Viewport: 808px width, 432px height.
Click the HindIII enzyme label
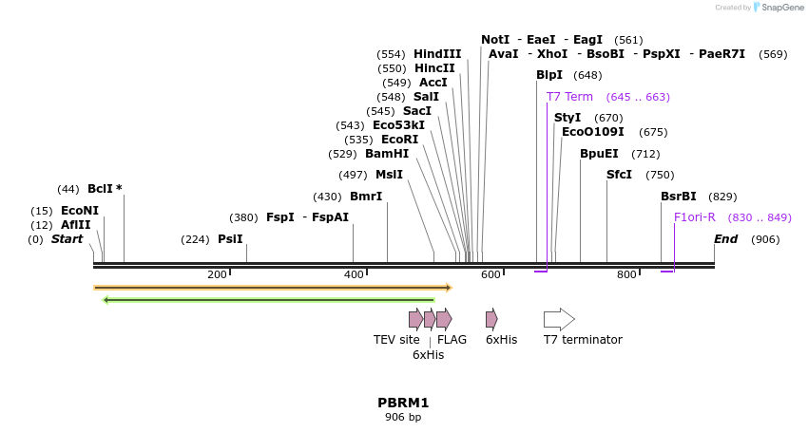[x=437, y=54]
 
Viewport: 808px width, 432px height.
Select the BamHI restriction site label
[x=387, y=154]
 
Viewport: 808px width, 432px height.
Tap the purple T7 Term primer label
[x=569, y=97]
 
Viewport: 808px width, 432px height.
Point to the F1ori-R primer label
[x=695, y=217]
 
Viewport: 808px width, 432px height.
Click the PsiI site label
[x=230, y=239]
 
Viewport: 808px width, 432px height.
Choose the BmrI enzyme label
[x=366, y=197]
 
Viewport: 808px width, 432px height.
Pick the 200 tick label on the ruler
[x=217, y=275]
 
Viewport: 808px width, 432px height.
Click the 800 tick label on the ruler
[x=626, y=275]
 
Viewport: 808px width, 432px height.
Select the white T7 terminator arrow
[x=559, y=319]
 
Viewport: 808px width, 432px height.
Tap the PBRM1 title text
[x=403, y=403]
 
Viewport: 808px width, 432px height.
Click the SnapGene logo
[x=778, y=8]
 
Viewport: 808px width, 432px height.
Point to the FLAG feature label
[x=452, y=340]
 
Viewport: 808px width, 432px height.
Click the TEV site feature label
[x=396, y=340]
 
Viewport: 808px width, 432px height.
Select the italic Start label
[x=67, y=239]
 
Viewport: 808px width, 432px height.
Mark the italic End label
[x=725, y=239]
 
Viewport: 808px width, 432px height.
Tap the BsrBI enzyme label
[x=679, y=197]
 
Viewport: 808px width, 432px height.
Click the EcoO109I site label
[x=593, y=132]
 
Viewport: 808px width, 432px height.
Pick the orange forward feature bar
[x=273, y=287]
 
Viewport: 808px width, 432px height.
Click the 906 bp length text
[x=403, y=418]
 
